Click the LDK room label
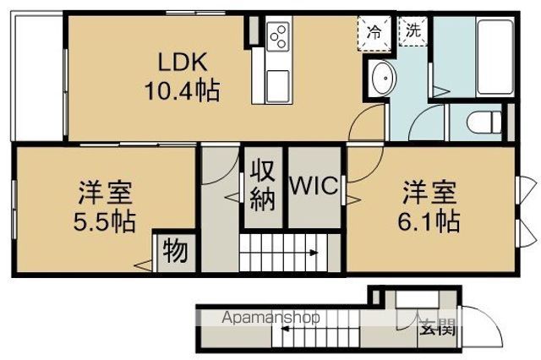coord(183,62)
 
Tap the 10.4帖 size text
coord(182,90)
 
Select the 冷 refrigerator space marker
coord(374,32)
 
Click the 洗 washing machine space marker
coord(413,30)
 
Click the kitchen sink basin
coord(278,86)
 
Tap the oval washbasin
coord(383,78)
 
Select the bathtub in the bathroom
coord(495,57)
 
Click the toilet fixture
coord(484,122)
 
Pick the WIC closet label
coord(314,186)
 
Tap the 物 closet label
coord(176,251)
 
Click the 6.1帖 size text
coord(429,221)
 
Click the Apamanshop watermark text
coord(270,317)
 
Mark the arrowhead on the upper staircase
coord(314,253)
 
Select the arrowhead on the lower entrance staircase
coord(285,329)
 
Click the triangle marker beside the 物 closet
coord(143,265)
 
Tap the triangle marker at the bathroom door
coord(441,92)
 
